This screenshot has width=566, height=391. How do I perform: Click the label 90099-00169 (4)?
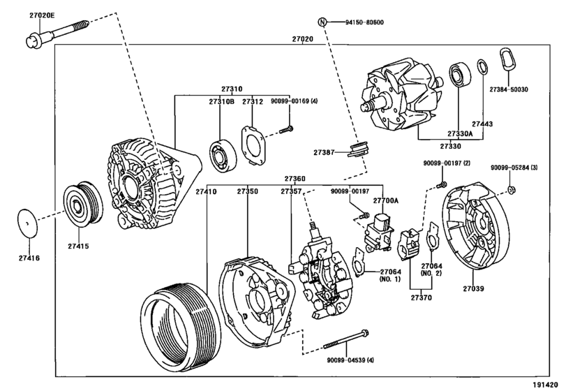[293, 102]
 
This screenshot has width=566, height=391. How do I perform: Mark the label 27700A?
[385, 200]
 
